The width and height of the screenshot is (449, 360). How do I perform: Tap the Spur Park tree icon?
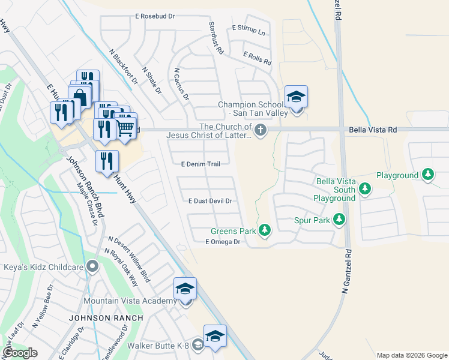pos(339,220)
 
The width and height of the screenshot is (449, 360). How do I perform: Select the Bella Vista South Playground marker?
pos(364,190)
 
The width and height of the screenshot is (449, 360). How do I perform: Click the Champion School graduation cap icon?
pos(296,97)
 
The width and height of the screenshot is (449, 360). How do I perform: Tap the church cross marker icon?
pos(260,130)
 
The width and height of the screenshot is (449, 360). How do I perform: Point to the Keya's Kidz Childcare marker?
pos(92,265)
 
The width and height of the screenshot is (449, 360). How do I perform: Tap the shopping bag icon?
pos(79,97)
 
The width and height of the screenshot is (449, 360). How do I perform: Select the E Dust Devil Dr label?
pos(210,202)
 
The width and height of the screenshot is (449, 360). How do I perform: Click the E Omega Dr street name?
pos(223,242)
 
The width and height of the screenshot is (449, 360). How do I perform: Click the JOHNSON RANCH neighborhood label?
pos(106,318)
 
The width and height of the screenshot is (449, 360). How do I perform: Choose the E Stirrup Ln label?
pos(249,30)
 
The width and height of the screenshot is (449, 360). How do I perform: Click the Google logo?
pos(20,353)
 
